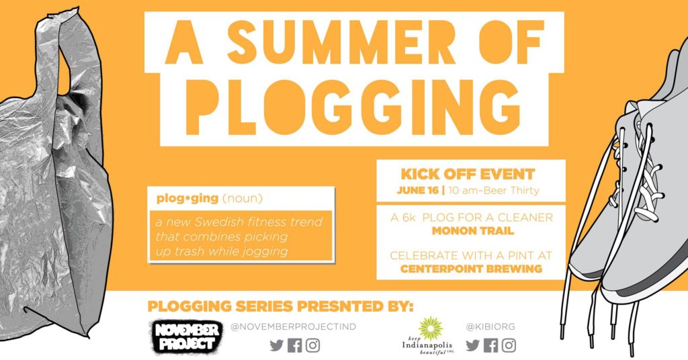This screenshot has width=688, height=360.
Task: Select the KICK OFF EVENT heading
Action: pos(468,174)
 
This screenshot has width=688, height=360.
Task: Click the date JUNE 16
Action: pos(417,191)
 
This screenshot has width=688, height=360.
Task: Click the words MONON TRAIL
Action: pos(472,230)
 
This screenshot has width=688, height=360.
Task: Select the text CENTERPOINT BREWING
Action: pos(471,269)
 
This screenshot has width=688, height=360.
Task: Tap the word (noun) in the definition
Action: pos(242,199)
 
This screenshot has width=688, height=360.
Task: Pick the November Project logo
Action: pos(186,336)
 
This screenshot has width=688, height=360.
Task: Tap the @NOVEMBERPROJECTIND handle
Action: pos(293,326)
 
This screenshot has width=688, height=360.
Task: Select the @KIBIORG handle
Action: pos(490,326)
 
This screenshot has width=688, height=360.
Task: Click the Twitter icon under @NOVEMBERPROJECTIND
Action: pos(276,345)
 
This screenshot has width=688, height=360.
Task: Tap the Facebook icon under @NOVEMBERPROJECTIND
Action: pos(295,345)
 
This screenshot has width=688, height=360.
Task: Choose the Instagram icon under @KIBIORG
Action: pos(509,345)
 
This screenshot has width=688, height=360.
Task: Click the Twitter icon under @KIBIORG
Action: pos(472,345)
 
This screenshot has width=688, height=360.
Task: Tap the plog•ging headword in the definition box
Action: pos(187,199)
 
